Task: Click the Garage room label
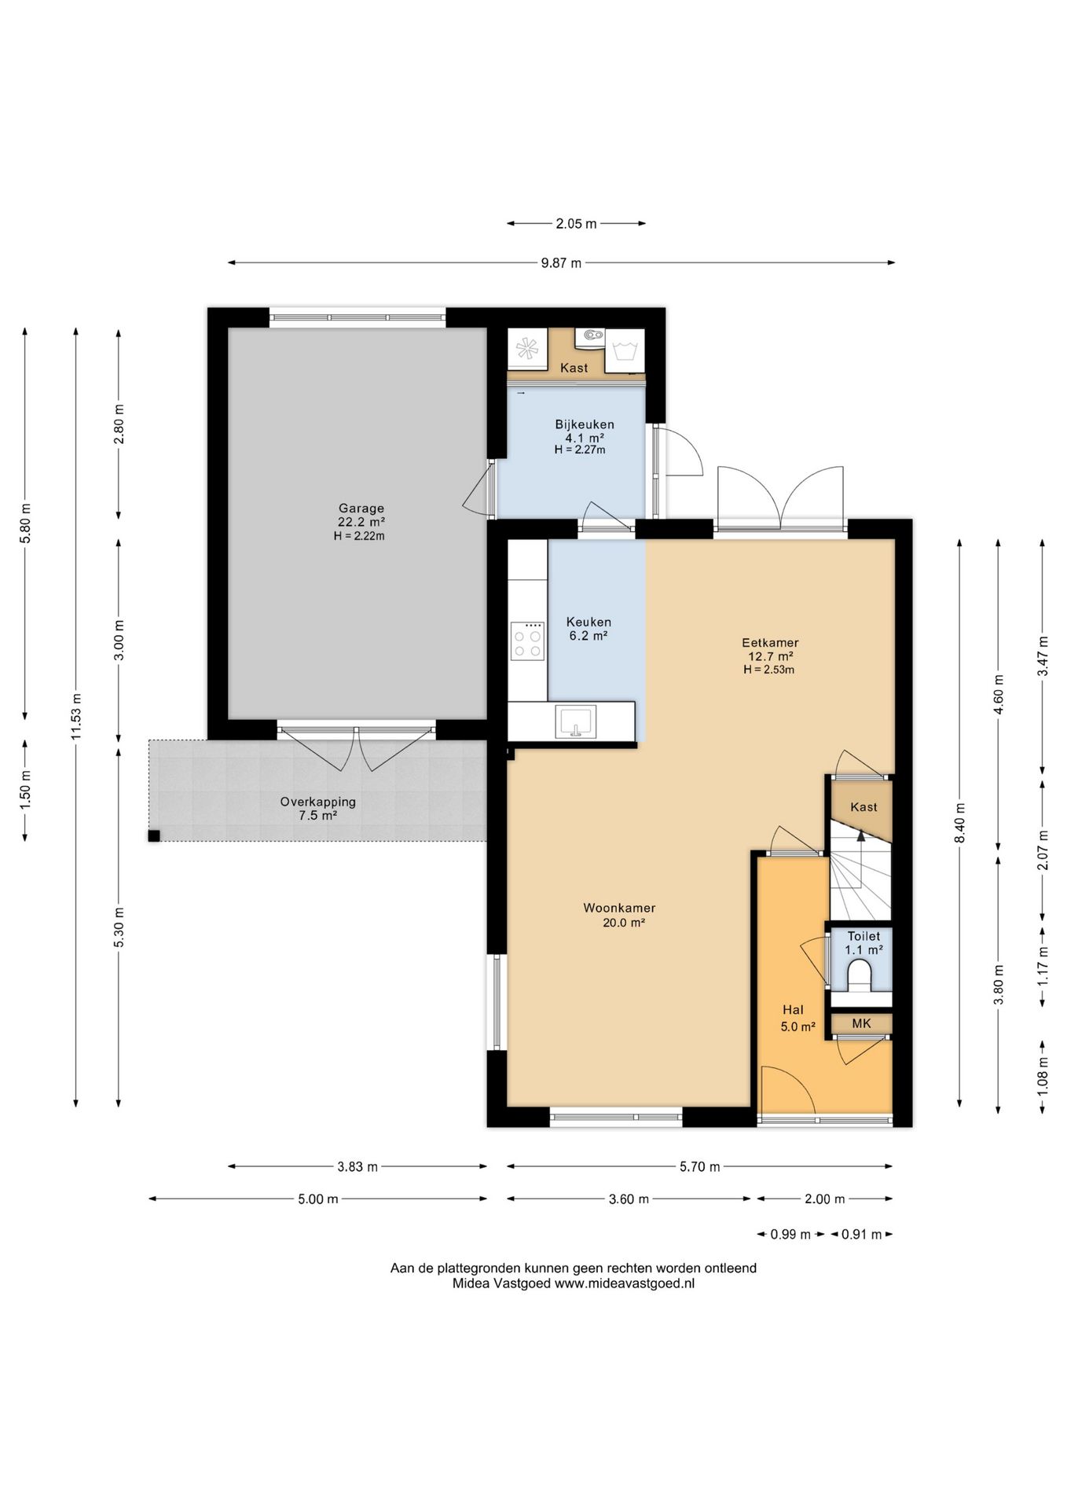click(361, 509)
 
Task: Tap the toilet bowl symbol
click(861, 978)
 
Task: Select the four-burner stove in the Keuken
click(526, 640)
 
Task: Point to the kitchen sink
click(576, 721)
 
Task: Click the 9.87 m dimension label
click(561, 263)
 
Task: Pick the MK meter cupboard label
click(861, 1023)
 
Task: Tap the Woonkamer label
click(619, 909)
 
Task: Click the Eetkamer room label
click(769, 642)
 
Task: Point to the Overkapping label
click(318, 802)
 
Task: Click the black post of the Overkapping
click(154, 836)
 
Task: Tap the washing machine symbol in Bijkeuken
click(625, 350)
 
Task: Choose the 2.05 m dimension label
click(576, 224)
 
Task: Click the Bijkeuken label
click(585, 424)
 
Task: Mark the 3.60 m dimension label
click(629, 1199)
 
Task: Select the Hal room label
click(793, 1010)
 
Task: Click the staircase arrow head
click(861, 835)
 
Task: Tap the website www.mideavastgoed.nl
click(625, 1283)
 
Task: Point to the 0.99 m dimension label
click(790, 1235)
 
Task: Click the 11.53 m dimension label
click(76, 717)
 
